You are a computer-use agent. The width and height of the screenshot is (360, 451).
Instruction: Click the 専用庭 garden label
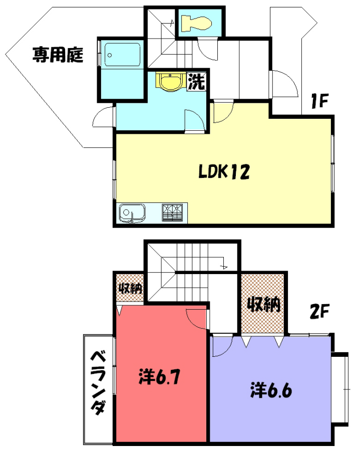[58, 55]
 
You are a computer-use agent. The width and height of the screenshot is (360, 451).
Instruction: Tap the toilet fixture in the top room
[196, 23]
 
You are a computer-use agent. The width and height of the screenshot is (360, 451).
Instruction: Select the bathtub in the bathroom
[122, 55]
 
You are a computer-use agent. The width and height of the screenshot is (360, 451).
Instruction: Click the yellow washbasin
[170, 82]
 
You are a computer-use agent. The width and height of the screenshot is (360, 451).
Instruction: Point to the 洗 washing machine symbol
[196, 81]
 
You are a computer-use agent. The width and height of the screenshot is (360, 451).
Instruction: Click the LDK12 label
[224, 172]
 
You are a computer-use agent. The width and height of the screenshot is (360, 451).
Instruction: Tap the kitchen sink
[132, 213]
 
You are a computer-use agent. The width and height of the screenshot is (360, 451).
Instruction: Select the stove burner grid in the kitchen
[172, 212]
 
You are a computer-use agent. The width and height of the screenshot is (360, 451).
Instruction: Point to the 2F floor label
[319, 311]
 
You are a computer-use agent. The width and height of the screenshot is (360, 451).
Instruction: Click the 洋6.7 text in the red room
[159, 376]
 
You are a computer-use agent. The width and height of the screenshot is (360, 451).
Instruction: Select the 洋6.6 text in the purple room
[271, 390]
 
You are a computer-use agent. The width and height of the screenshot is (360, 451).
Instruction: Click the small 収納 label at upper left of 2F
[131, 288]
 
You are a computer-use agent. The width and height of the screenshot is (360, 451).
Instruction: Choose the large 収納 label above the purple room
[264, 304]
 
